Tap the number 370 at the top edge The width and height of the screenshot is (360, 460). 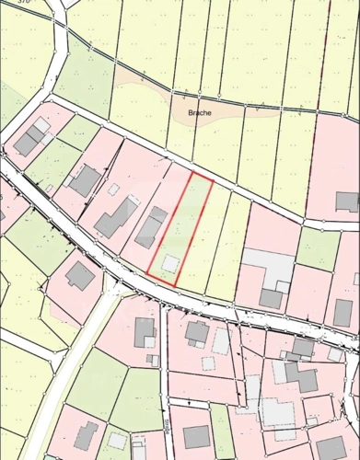23,3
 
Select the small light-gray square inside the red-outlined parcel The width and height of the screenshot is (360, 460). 169,263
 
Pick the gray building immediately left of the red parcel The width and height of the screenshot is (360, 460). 152,226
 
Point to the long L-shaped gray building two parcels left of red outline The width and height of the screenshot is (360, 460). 115,216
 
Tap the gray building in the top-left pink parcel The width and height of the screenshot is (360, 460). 30,139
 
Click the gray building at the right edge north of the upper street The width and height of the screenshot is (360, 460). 347,201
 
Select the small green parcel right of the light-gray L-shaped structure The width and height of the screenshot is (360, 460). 318,248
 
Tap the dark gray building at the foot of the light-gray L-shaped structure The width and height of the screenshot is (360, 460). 271,298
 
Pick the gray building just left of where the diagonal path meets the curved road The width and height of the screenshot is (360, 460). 80,274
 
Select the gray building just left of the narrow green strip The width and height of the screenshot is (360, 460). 196,436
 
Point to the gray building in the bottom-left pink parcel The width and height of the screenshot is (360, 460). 86,435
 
